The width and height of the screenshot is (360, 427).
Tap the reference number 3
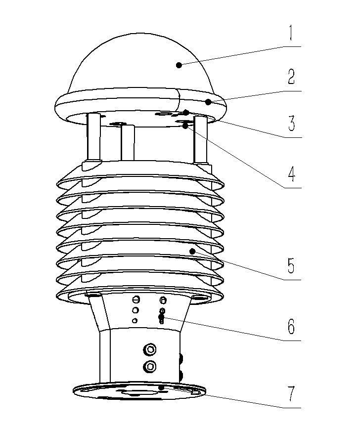coord(291,123)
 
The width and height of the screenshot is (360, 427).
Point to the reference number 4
coord(292,174)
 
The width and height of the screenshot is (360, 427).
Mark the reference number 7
coord(291,394)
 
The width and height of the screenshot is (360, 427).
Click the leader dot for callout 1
coord(179,64)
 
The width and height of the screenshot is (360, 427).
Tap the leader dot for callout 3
coord(186,112)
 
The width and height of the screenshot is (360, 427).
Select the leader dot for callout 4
coord(185,126)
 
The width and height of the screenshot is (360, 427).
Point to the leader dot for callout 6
coord(161,317)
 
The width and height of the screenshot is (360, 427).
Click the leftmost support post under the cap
coord(94,138)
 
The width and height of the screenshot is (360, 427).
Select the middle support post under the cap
coord(128,143)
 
